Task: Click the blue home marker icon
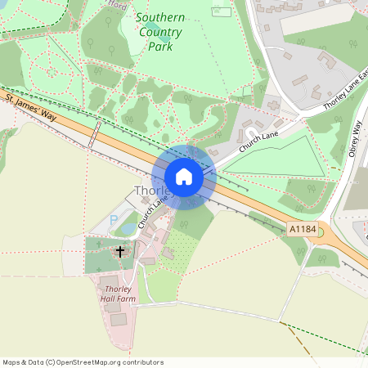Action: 184,177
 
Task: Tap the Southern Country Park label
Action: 160,32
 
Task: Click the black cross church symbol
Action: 120,252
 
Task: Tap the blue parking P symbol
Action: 113,221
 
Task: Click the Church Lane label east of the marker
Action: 260,141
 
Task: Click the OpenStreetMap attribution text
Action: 83,361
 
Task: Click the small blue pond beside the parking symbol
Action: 128,229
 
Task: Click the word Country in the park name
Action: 160,32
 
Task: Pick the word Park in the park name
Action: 160,47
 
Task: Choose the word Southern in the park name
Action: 160,17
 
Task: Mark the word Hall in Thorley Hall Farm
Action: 110,299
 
